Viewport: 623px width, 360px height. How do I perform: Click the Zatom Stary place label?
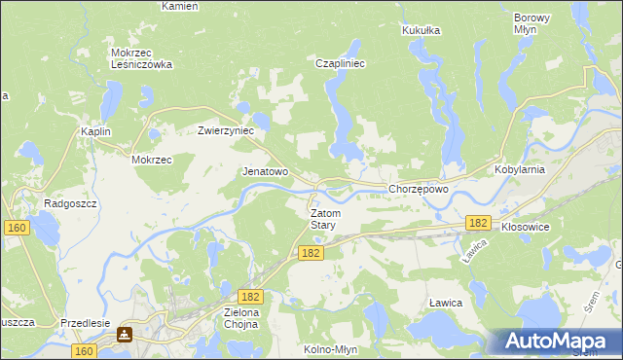coord(323,219)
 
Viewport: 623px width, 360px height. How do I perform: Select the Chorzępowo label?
coord(418,189)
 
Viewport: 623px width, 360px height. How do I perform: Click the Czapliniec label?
coord(340,63)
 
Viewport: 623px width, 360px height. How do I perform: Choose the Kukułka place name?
coord(421,30)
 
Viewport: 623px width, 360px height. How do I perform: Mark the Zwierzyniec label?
coord(226,129)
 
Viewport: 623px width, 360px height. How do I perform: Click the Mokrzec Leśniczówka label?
coord(141,58)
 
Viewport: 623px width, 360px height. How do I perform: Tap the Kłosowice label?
coord(526,226)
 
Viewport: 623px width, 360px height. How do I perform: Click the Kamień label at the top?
coord(180,6)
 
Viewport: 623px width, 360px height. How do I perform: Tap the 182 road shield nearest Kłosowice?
coord(477,223)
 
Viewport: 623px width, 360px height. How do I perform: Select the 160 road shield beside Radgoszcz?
coord(16,228)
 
